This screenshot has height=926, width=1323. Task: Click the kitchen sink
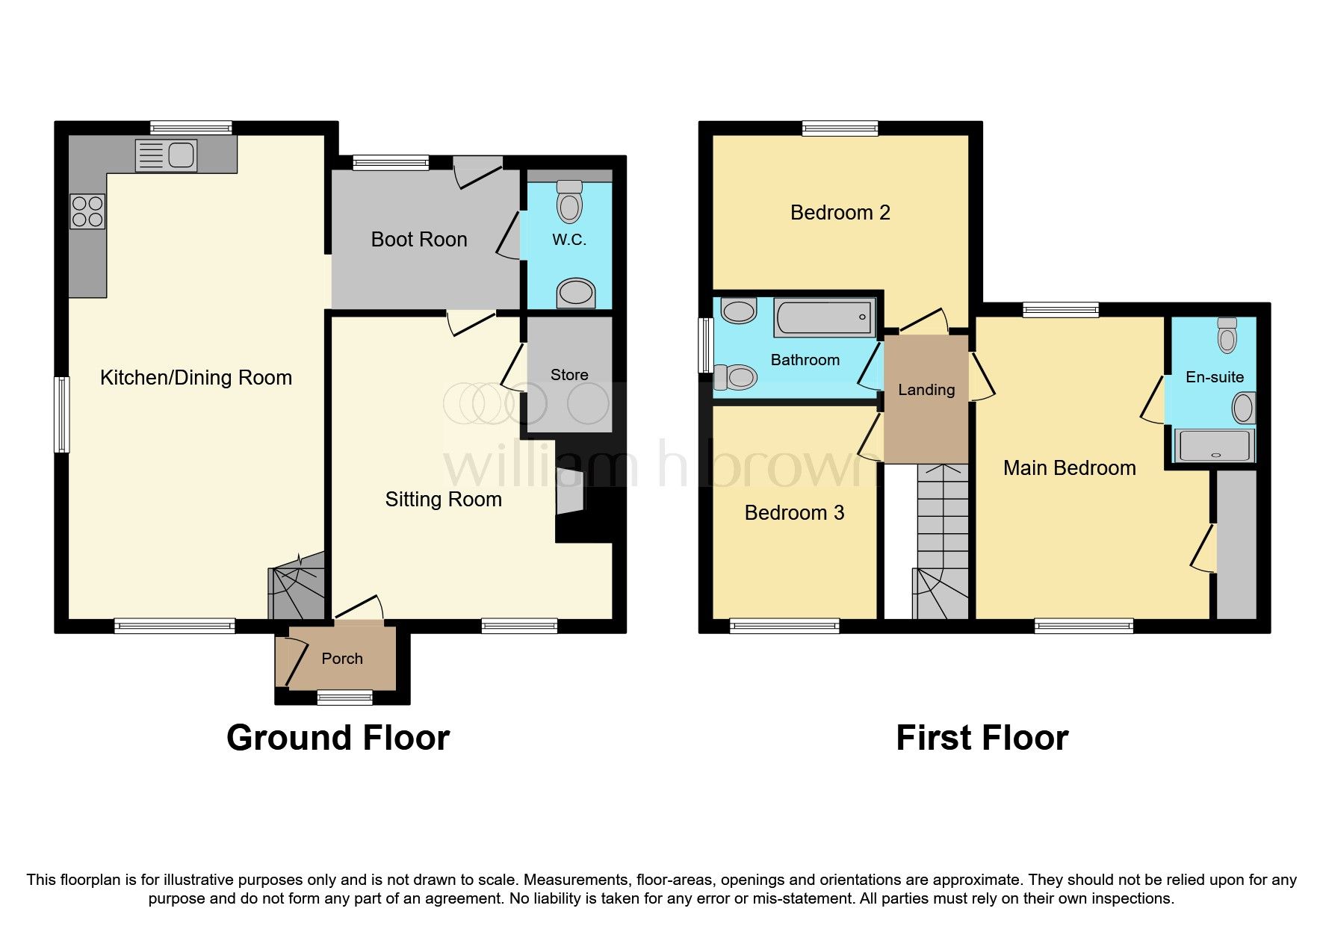166,155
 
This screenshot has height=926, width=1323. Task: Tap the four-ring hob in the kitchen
87,211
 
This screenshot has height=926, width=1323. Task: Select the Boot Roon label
419,239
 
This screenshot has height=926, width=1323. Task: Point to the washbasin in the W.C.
577,293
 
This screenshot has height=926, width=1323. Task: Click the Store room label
569,375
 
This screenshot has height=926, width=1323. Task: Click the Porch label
342,659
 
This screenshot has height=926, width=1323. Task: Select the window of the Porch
344,697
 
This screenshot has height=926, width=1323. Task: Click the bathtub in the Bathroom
824,317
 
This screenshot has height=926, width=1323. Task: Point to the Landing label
926,390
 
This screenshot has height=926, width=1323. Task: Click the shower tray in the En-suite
1215,445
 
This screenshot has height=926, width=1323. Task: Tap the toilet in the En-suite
1227,335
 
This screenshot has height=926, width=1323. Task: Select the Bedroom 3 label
794,513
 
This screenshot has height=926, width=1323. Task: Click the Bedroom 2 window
840,128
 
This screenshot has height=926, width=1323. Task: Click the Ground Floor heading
338,738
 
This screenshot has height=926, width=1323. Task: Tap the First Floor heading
982,738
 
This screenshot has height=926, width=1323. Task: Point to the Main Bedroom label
1069,468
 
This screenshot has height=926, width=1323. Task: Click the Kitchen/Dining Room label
196,378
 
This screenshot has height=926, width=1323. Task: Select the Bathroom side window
705,346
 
